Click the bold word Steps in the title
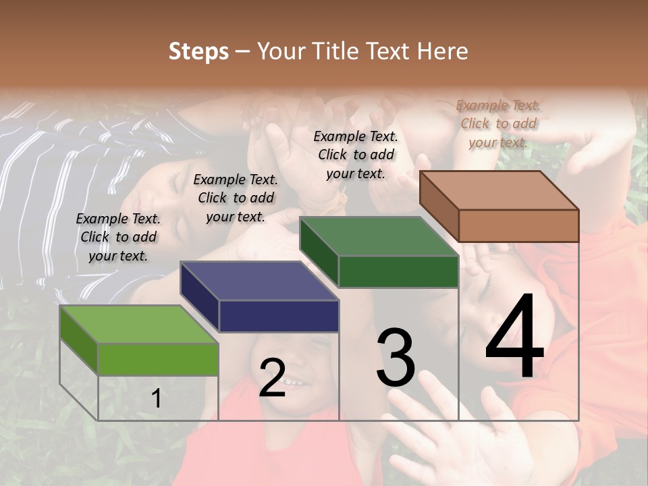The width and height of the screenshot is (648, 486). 198,51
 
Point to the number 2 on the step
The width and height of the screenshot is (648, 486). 273,377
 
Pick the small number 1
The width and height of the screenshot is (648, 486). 157,399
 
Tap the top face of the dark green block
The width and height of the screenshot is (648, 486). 378,236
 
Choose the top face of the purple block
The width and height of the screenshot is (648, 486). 259,281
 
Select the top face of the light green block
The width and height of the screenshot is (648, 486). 139,325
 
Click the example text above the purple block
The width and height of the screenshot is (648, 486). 236,198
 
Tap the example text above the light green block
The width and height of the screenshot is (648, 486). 118,237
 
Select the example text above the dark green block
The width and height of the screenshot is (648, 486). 356,155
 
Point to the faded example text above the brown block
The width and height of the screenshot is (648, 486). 498,124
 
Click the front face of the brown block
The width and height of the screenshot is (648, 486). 518,225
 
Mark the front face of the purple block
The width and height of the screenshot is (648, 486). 279,316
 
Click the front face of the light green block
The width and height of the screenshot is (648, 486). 158,359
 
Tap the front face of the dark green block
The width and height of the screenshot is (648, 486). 398,272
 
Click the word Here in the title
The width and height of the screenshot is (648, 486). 443,51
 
